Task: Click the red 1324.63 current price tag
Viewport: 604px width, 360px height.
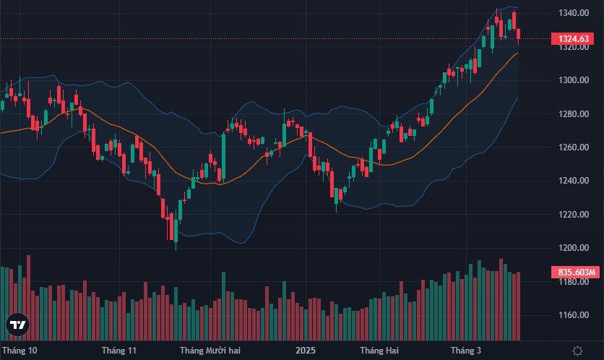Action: click(x=574, y=38)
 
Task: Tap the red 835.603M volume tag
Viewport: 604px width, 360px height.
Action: click(x=576, y=273)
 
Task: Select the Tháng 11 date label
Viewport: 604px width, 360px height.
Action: click(x=119, y=351)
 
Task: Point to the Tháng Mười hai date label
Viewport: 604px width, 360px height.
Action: click(x=210, y=351)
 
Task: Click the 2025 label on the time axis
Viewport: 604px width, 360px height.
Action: click(x=306, y=351)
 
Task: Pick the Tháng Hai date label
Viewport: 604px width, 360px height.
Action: click(x=380, y=351)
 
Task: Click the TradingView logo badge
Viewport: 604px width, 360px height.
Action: click(x=17, y=326)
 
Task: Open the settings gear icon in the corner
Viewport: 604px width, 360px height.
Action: click(x=577, y=351)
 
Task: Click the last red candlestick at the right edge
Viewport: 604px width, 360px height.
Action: click(x=519, y=34)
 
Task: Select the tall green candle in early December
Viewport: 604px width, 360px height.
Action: click(x=223, y=158)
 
